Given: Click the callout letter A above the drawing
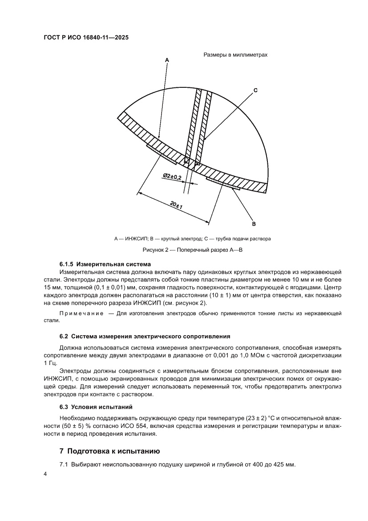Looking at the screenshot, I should pos(167,59).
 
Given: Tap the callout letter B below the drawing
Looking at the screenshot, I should pos(253,223).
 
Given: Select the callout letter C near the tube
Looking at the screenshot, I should pos(255,90).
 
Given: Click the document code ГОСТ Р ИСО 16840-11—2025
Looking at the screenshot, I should pos(86,38).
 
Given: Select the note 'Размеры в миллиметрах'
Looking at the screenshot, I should pos(235,54).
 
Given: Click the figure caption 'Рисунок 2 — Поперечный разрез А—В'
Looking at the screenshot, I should pos(192,250).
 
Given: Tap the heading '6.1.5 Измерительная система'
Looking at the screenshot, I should pos(105,264).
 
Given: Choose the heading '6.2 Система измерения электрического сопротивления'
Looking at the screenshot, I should pos(145,336).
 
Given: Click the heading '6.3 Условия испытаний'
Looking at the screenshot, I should pos(96,407).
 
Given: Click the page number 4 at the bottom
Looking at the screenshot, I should pos(45,474).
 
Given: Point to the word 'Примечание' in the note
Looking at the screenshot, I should pos(81,313).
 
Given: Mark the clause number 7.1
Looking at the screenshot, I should pos(64,465).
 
